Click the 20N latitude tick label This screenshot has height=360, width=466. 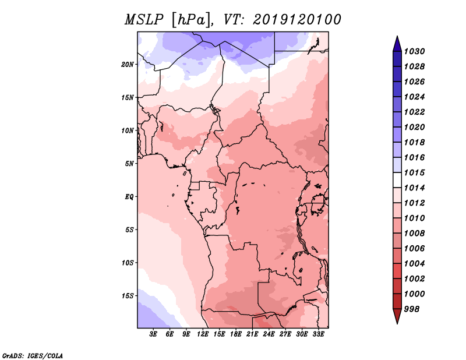(128, 65)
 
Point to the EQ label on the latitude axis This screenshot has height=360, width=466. (129, 197)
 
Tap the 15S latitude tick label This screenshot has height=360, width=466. (128, 296)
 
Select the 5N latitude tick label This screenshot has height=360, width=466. (129, 164)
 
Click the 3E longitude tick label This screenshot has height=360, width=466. (153, 334)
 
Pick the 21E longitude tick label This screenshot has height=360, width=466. (252, 334)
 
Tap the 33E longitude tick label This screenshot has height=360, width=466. (318, 334)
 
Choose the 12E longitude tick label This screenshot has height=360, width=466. (203, 334)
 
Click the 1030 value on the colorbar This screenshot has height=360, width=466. (414, 51)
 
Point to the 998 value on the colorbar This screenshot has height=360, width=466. (412, 309)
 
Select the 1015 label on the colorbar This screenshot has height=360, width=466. (414, 172)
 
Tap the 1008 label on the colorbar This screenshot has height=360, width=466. (414, 234)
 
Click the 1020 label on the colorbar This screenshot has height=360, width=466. (414, 127)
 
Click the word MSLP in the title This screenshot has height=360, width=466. (144, 20)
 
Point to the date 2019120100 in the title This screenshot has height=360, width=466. (297, 20)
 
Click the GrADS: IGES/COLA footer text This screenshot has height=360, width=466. (33, 356)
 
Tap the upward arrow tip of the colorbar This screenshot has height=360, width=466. (397, 36)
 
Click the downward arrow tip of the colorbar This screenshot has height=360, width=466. (397, 323)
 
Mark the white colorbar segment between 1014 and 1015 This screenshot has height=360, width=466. (397, 180)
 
